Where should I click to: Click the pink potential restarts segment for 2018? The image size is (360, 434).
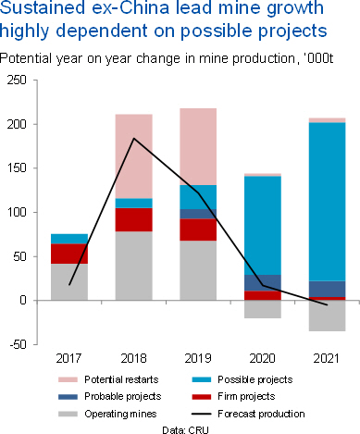(x=134, y=156)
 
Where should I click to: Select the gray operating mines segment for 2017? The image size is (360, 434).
(x=69, y=282)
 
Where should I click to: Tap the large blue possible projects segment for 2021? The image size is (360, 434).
(x=327, y=202)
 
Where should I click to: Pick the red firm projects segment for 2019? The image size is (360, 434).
(x=198, y=229)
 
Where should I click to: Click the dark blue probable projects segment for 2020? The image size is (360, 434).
(x=263, y=282)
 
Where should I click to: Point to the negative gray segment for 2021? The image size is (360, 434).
(x=327, y=316)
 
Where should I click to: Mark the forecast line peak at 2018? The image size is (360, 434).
(x=134, y=138)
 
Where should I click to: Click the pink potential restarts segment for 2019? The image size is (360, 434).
(x=198, y=146)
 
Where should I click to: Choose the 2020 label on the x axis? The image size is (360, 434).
(x=262, y=358)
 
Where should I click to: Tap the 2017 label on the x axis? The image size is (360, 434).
(x=68, y=358)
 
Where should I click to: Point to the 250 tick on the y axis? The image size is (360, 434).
(x=18, y=81)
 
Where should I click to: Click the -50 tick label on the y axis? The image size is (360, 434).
(x=19, y=344)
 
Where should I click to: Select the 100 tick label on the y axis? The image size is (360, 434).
(x=18, y=212)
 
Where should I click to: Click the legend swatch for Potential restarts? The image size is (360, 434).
(x=68, y=379)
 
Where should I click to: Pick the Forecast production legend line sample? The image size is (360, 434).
(x=202, y=414)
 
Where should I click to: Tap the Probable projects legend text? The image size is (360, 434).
(x=123, y=396)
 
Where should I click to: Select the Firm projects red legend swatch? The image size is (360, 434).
(x=202, y=397)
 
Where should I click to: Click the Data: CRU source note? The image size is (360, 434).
(x=185, y=429)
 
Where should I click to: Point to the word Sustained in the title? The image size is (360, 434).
(x=43, y=7)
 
